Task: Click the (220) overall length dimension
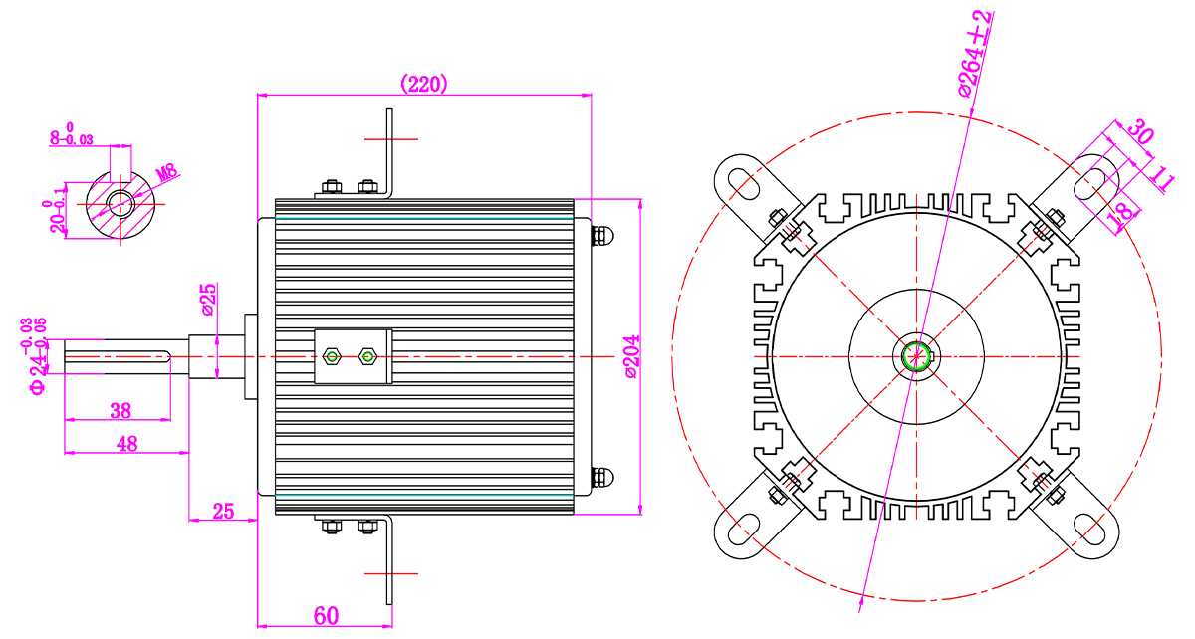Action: [423, 84]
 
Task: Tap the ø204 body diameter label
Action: [632, 356]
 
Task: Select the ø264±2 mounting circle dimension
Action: [975, 55]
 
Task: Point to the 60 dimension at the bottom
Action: [326, 616]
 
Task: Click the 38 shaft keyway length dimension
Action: [120, 411]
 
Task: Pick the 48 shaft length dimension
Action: [127, 444]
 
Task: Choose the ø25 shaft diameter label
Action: [209, 300]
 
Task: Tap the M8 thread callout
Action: [166, 173]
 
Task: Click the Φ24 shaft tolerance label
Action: [35, 356]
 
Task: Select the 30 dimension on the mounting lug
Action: [1139, 131]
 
